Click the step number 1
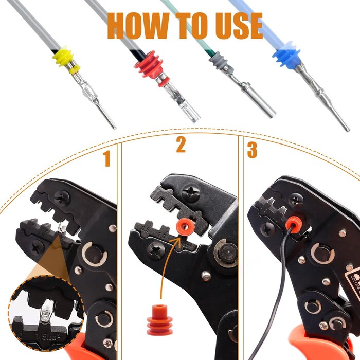tap(106, 159)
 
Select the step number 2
tap(181, 146)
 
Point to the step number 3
tap(252, 150)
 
